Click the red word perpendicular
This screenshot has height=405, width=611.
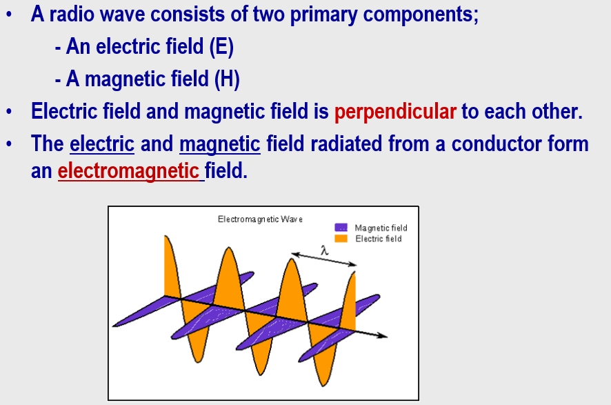click(395, 112)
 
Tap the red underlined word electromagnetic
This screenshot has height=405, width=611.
click(129, 170)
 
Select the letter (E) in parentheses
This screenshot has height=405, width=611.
click(221, 47)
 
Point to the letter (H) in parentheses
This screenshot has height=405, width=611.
click(227, 79)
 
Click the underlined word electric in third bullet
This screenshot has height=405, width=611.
click(102, 144)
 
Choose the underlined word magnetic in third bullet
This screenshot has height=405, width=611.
click(220, 144)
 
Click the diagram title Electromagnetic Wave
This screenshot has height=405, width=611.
click(260, 219)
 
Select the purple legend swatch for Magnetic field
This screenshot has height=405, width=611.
click(341, 227)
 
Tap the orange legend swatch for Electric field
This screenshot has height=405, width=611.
click(341, 238)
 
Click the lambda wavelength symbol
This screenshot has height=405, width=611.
click(324, 250)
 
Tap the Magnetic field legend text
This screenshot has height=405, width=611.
click(381, 228)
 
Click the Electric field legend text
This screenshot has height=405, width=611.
click(379, 239)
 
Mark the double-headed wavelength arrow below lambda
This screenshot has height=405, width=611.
click(324, 259)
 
